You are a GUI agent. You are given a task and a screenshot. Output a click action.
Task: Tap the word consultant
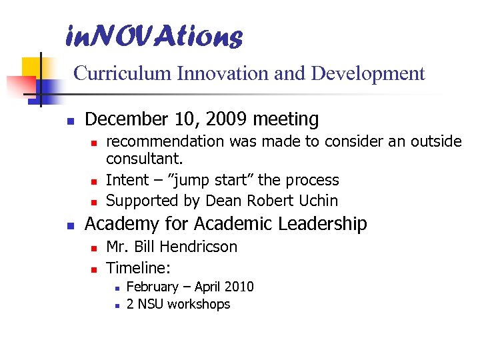pos(144,160)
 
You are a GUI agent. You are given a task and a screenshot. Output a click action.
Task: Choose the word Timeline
pos(137,268)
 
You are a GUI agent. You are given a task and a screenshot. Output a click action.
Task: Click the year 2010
pos(239,287)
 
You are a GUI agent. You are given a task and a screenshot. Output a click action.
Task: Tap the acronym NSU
pos(150,305)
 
